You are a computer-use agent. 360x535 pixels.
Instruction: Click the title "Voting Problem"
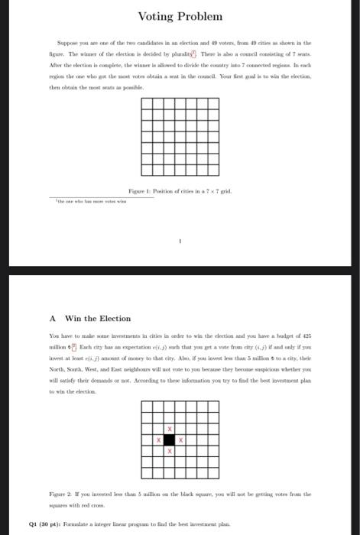(180, 16)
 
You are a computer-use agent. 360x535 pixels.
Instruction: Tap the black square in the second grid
(170, 440)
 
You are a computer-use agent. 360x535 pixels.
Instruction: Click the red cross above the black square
(170, 429)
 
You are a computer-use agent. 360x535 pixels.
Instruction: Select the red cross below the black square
(170, 452)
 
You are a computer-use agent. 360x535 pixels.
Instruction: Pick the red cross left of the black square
(158, 440)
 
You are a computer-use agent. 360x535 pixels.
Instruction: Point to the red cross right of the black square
(181, 440)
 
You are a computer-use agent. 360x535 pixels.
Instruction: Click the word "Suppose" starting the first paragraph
(68, 43)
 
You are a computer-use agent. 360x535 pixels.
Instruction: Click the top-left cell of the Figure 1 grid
(146, 105)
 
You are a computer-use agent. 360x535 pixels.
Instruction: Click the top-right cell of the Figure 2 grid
(203, 406)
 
